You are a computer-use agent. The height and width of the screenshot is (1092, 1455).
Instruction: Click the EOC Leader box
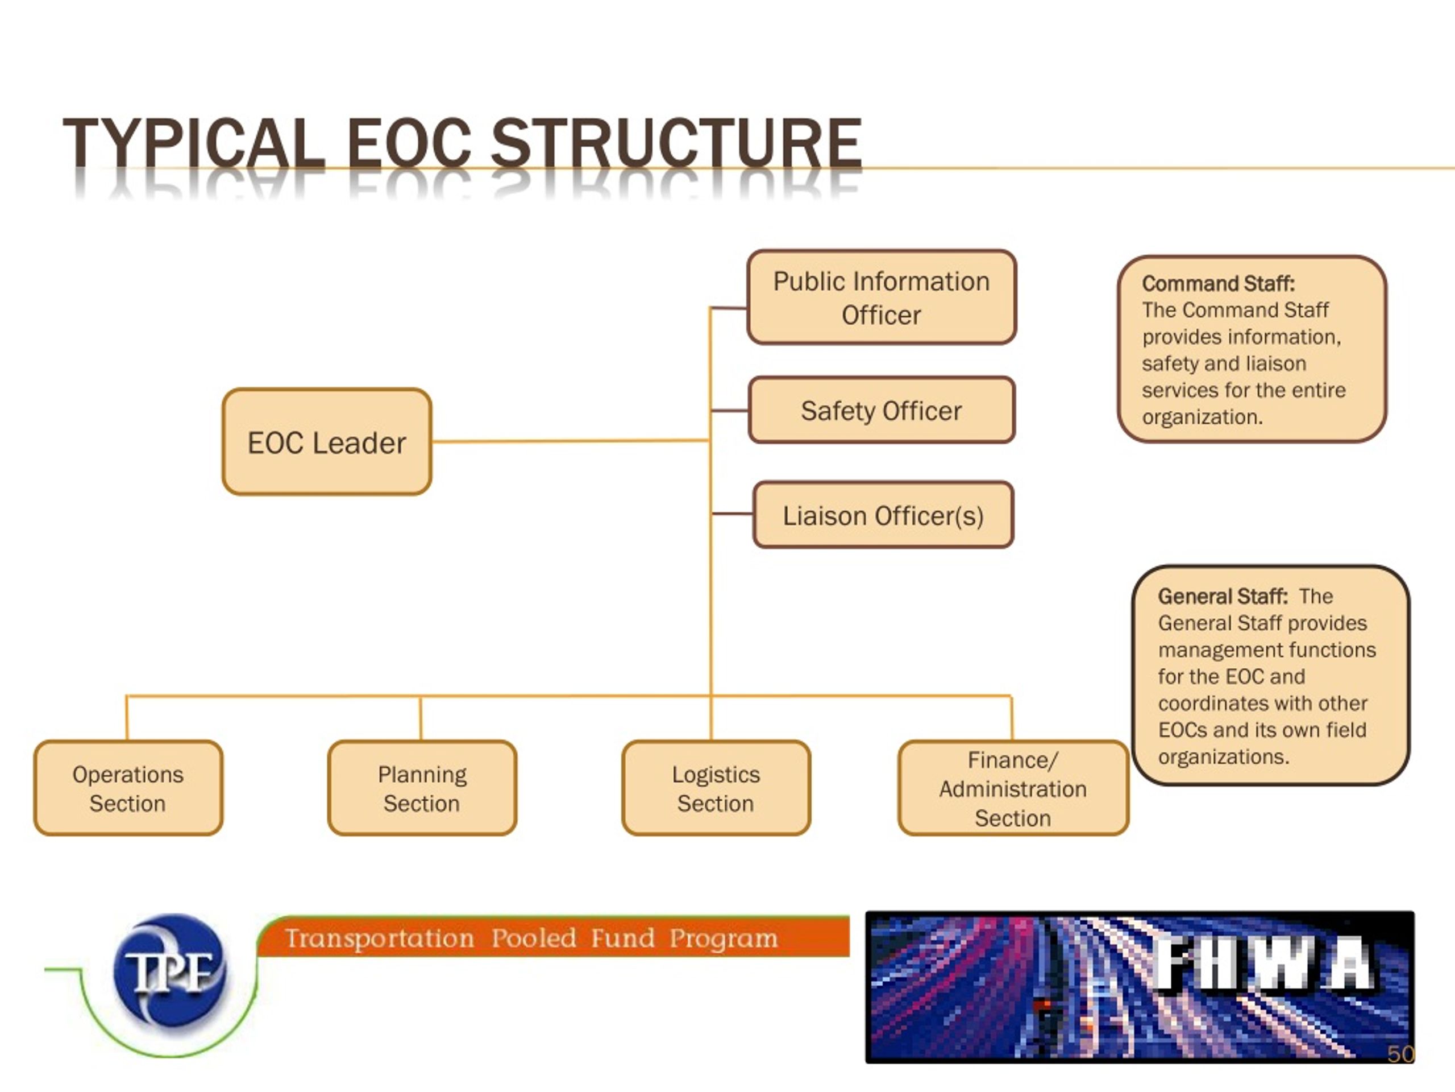point(327,442)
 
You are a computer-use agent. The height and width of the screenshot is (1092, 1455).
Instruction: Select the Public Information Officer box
point(882,297)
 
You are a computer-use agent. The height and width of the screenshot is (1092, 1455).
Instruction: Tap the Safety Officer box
point(882,410)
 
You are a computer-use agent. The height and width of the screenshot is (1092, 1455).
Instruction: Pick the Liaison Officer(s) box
point(883,515)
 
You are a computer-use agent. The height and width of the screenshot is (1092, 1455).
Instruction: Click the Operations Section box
point(128,788)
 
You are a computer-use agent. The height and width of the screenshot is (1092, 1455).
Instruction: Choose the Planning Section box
point(422,788)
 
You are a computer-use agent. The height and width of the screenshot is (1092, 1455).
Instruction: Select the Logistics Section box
point(716,788)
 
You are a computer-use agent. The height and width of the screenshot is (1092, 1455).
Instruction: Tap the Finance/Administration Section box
point(1013,788)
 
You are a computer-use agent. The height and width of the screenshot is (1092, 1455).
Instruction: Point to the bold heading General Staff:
point(1222,597)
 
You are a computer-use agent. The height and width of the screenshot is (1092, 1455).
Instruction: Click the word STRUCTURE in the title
point(676,143)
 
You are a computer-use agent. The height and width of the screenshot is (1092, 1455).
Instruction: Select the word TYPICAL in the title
point(194,143)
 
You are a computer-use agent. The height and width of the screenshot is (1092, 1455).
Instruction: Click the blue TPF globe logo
point(170,970)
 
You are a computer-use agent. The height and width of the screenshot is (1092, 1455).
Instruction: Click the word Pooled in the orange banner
point(534,938)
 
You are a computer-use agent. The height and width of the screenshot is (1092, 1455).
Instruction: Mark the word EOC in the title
point(409,143)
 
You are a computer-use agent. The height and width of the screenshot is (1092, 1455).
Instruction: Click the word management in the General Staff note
point(1205,650)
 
